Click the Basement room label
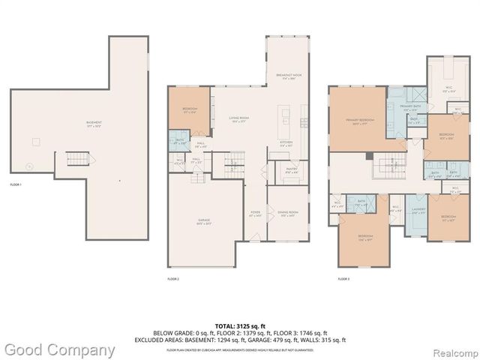click(94, 123)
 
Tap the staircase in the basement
click(78, 160)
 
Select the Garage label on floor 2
click(204, 221)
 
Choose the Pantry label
click(292, 170)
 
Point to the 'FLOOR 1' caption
click(16, 184)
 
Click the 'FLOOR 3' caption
click(343, 278)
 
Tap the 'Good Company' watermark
click(58, 349)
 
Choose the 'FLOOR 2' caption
click(173, 278)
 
